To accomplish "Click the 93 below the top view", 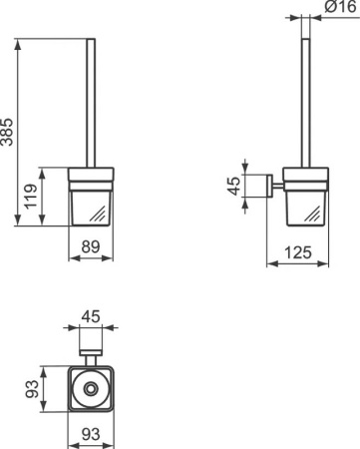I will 91,434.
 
